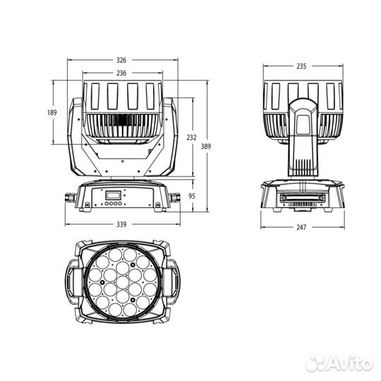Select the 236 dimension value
(122, 73)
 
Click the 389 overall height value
(205, 146)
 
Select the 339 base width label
(122, 224)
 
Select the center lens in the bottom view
(121, 281)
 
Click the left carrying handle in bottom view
(73, 281)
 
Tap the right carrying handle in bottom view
(170, 281)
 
